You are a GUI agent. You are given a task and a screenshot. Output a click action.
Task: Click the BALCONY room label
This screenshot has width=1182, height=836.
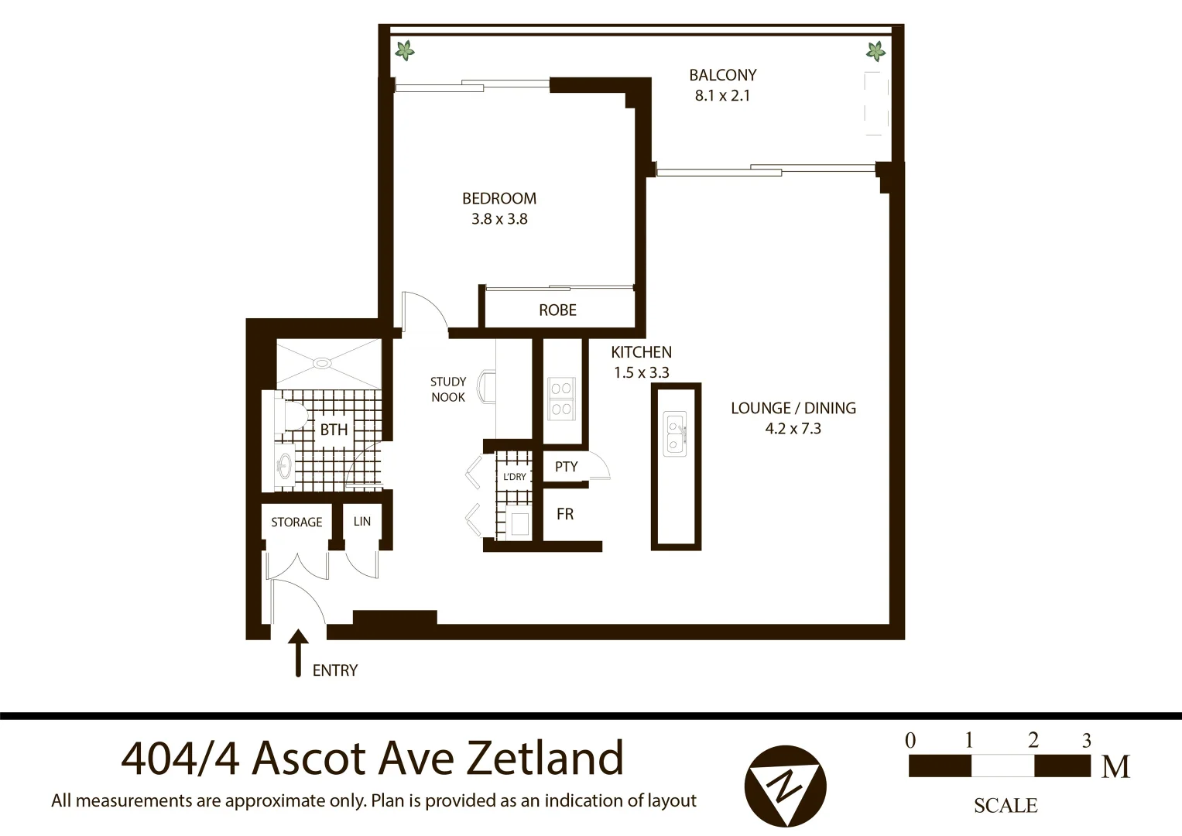pyautogui.click(x=722, y=75)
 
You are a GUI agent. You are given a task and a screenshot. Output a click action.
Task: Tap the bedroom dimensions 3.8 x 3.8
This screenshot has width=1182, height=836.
pyautogui.click(x=499, y=219)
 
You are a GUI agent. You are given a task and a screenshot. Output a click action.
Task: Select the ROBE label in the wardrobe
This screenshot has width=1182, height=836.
pyautogui.click(x=557, y=310)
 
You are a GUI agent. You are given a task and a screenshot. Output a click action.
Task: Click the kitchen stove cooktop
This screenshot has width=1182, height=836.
pyautogui.click(x=560, y=399)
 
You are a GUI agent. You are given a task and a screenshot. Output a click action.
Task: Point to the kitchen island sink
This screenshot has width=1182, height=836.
pyautogui.click(x=675, y=433)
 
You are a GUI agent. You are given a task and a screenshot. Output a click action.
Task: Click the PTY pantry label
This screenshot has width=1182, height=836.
pyautogui.click(x=566, y=467)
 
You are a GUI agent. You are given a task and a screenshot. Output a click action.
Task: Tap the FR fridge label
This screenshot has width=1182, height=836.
pyautogui.click(x=565, y=514)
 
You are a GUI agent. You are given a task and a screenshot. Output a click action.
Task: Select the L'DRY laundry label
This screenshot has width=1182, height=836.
pyautogui.click(x=514, y=477)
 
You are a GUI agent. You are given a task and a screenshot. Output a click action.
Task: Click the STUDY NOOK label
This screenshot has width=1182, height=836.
pyautogui.click(x=448, y=389)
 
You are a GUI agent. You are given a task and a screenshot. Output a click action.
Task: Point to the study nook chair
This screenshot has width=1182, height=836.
pyautogui.click(x=488, y=386)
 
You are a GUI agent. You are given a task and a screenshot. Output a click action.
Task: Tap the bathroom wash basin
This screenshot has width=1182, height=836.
pyautogui.click(x=284, y=465)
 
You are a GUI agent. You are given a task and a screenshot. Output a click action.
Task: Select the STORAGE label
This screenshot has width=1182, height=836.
pyautogui.click(x=296, y=522)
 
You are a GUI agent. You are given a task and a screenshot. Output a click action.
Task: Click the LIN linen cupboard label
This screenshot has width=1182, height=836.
pyautogui.click(x=362, y=522)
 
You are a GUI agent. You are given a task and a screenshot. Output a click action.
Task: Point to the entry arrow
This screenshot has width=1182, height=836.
pyautogui.click(x=298, y=653)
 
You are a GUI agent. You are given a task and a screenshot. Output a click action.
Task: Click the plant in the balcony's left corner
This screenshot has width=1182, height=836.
pyautogui.click(x=404, y=51)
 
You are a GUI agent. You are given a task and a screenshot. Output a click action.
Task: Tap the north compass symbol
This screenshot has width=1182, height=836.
pyautogui.click(x=785, y=786)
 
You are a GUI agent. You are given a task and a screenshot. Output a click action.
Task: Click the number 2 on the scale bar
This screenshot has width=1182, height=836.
pyautogui.click(x=1033, y=740)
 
